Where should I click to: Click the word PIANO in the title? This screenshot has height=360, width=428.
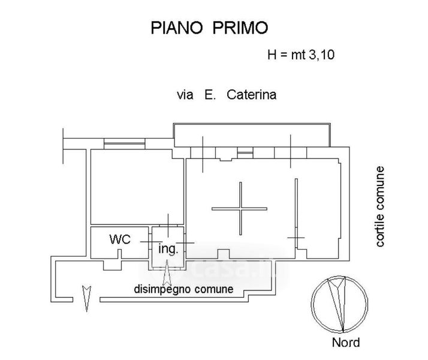click(177, 28)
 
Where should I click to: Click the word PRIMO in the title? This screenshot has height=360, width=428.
click(240, 28)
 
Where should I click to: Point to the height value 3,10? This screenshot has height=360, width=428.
click(321, 55)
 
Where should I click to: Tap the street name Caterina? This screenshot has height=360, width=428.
click(251, 95)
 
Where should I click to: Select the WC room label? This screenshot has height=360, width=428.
click(120, 239)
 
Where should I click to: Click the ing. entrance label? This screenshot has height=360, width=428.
click(168, 250)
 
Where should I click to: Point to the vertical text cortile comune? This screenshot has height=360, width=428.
click(379, 206)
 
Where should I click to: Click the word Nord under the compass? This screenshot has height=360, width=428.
click(346, 343)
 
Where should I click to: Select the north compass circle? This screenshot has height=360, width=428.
click(312, 305)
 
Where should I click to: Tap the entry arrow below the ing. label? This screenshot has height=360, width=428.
click(167, 273)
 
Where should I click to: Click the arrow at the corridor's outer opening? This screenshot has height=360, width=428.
click(86, 299)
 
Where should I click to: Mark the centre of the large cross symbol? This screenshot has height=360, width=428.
click(240, 209)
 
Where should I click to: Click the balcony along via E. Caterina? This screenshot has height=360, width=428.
click(252, 135)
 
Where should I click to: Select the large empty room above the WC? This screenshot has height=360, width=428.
click(137, 187)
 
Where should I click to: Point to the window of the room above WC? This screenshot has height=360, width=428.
click(125, 143)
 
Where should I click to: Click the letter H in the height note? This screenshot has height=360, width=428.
click(272, 55)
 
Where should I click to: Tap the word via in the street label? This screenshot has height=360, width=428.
click(185, 95)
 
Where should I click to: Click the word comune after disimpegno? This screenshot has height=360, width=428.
click(214, 289)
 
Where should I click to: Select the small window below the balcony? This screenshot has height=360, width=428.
click(245, 152)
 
